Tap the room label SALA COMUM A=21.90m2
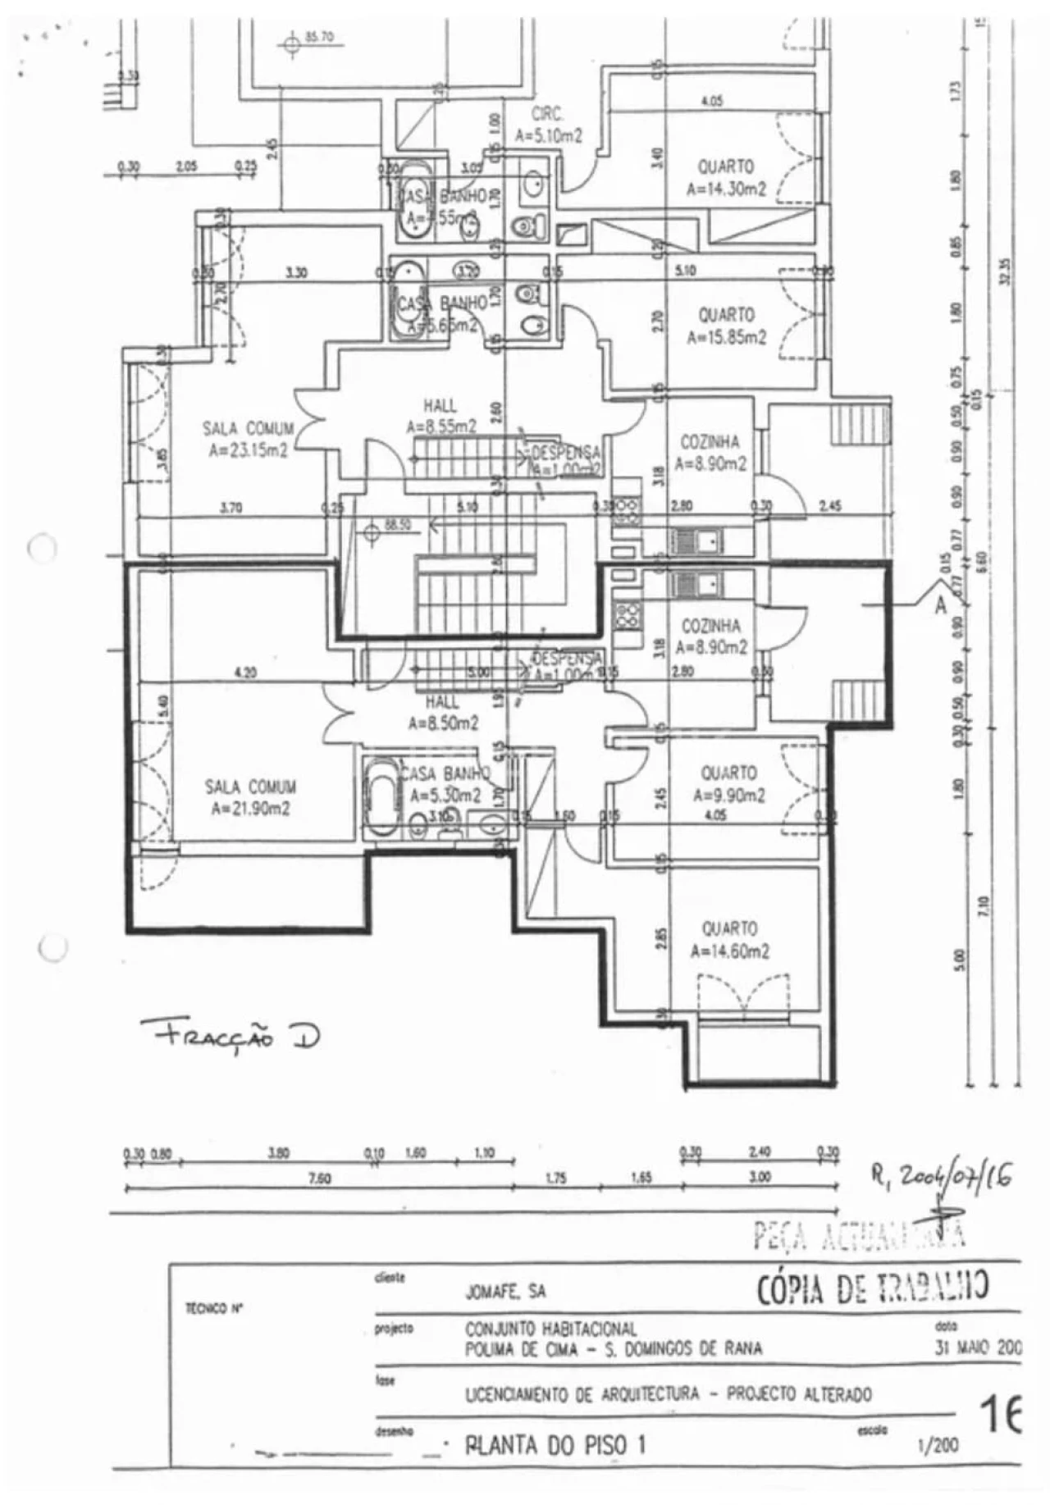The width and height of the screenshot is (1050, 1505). click(x=249, y=798)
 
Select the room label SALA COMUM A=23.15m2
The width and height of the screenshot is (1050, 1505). click(x=248, y=439)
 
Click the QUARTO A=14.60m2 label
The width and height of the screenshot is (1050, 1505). click(x=729, y=940)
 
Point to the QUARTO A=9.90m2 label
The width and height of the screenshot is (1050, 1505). click(x=728, y=784)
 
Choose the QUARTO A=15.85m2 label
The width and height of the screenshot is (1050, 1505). click(x=726, y=326)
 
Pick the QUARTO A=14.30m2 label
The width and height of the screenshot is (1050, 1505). click(x=725, y=178)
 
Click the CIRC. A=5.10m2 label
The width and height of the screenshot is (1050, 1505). click(x=547, y=125)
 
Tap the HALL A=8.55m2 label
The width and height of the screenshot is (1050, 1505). click(x=441, y=416)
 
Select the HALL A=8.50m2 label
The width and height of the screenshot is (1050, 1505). click(x=442, y=713)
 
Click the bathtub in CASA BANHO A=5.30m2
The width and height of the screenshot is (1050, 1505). click(x=381, y=797)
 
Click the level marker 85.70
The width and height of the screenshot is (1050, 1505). click(x=318, y=37)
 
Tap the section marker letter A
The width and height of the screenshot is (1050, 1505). click(x=940, y=607)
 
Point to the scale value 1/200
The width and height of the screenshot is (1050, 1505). click(x=937, y=1446)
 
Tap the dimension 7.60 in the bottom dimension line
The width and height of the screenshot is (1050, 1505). click(x=318, y=1179)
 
